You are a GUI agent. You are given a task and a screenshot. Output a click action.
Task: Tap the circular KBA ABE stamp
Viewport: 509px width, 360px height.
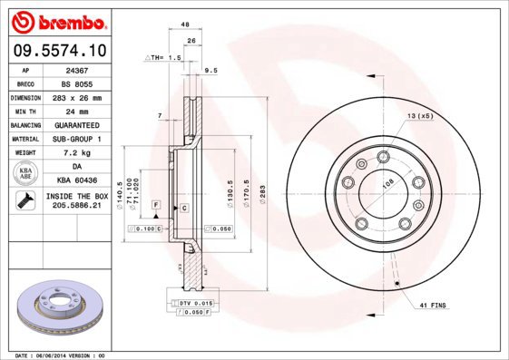click(26, 173)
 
